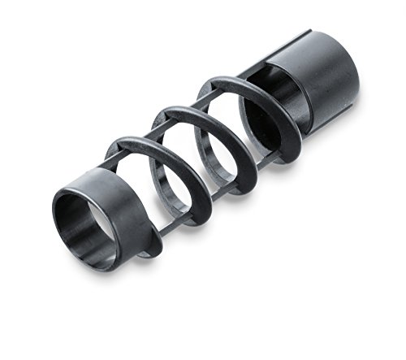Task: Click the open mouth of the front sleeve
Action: pyautogui.click(x=81, y=223)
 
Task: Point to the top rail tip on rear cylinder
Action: pyautogui.click(x=307, y=33)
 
